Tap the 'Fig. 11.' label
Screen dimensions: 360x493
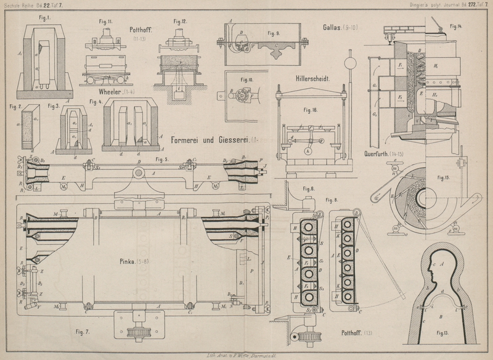pyautogui.click(x=105, y=22)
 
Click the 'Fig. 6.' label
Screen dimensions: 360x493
pyautogui.click(x=309, y=188)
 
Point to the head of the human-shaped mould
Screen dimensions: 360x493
pyautogui.click(x=442, y=266)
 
